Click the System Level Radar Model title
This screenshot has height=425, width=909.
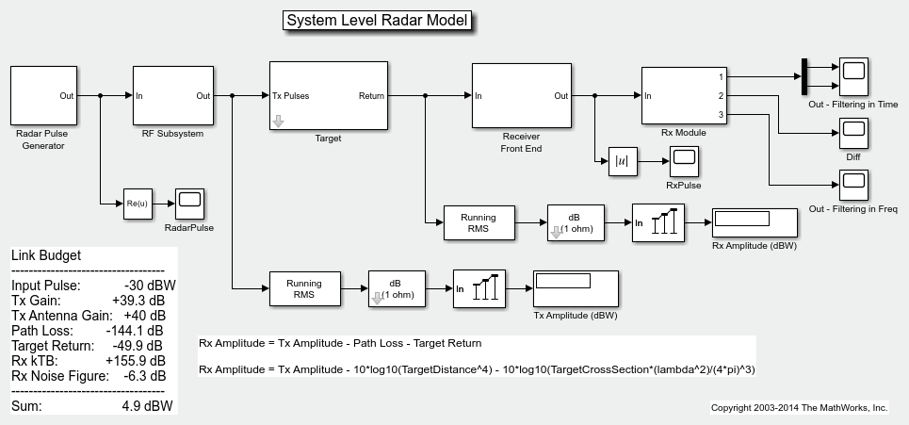(x=377, y=21)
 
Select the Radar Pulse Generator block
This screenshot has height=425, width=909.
(x=42, y=95)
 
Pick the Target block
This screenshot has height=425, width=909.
(x=328, y=96)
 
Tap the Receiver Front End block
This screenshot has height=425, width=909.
(x=521, y=96)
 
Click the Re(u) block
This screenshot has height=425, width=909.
(x=138, y=203)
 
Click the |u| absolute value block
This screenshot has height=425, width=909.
(x=623, y=161)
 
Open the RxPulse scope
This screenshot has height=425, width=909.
(x=685, y=161)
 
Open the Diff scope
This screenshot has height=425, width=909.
(x=853, y=133)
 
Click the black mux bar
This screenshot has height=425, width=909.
(x=804, y=76)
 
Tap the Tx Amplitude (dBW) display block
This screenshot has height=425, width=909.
(x=576, y=286)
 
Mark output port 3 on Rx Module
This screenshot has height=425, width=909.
(x=722, y=115)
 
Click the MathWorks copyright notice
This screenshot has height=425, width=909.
(x=799, y=408)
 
